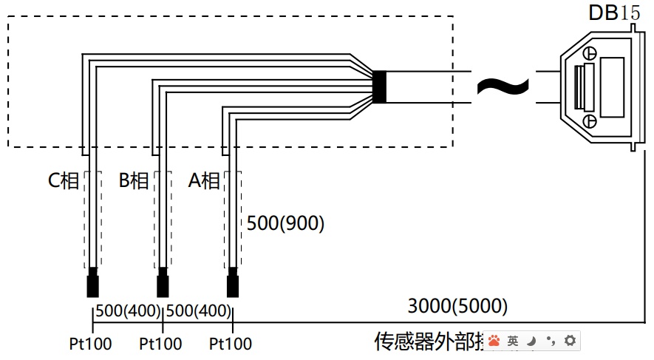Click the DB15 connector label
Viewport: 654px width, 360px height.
pyautogui.click(x=615, y=13)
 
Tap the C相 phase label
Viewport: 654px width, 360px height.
pyautogui.click(x=63, y=181)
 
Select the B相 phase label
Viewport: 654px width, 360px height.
pyautogui.click(x=134, y=181)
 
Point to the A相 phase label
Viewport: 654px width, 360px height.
pyautogui.click(x=204, y=181)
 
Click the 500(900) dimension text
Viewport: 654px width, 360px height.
pyautogui.click(x=285, y=223)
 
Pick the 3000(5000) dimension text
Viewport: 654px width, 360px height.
pyautogui.click(x=457, y=306)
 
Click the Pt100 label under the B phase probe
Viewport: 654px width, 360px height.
pyautogui.click(x=160, y=344)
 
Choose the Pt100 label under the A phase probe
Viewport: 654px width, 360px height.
pyautogui.click(x=231, y=344)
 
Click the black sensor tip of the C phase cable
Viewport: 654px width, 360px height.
pyautogui.click(x=93, y=285)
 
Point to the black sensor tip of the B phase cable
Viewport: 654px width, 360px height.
pyautogui.click(x=163, y=285)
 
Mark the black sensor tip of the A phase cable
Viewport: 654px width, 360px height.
pyautogui.click(x=233, y=285)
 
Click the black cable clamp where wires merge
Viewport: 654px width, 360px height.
pyautogui.click(x=379, y=86)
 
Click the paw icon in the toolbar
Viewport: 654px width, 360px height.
pyautogui.click(x=494, y=341)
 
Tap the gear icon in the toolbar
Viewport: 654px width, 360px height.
pyautogui.click(x=570, y=341)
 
